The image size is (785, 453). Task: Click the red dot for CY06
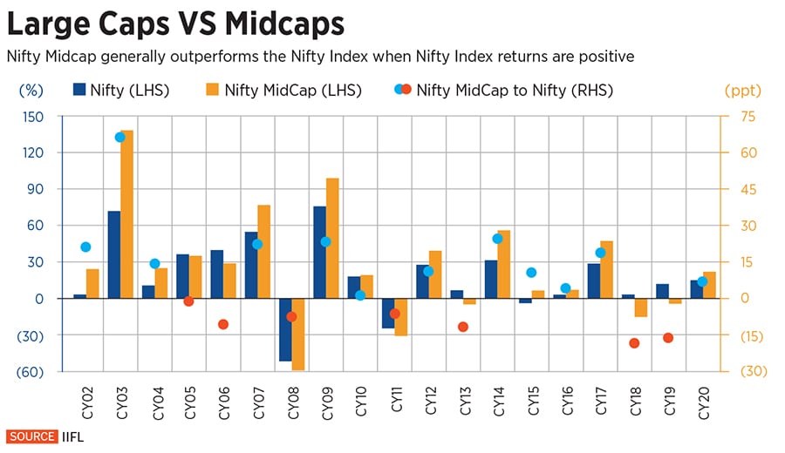click(222, 324)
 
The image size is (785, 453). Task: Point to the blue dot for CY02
click(85, 247)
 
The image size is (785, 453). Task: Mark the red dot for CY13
click(463, 327)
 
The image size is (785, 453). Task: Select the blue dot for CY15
click(531, 273)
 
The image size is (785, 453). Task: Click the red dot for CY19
click(668, 338)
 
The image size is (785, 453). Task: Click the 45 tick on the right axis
click(748, 189)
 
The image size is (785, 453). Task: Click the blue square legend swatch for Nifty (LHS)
click(80, 90)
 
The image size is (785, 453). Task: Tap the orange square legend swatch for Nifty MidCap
click(211, 90)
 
